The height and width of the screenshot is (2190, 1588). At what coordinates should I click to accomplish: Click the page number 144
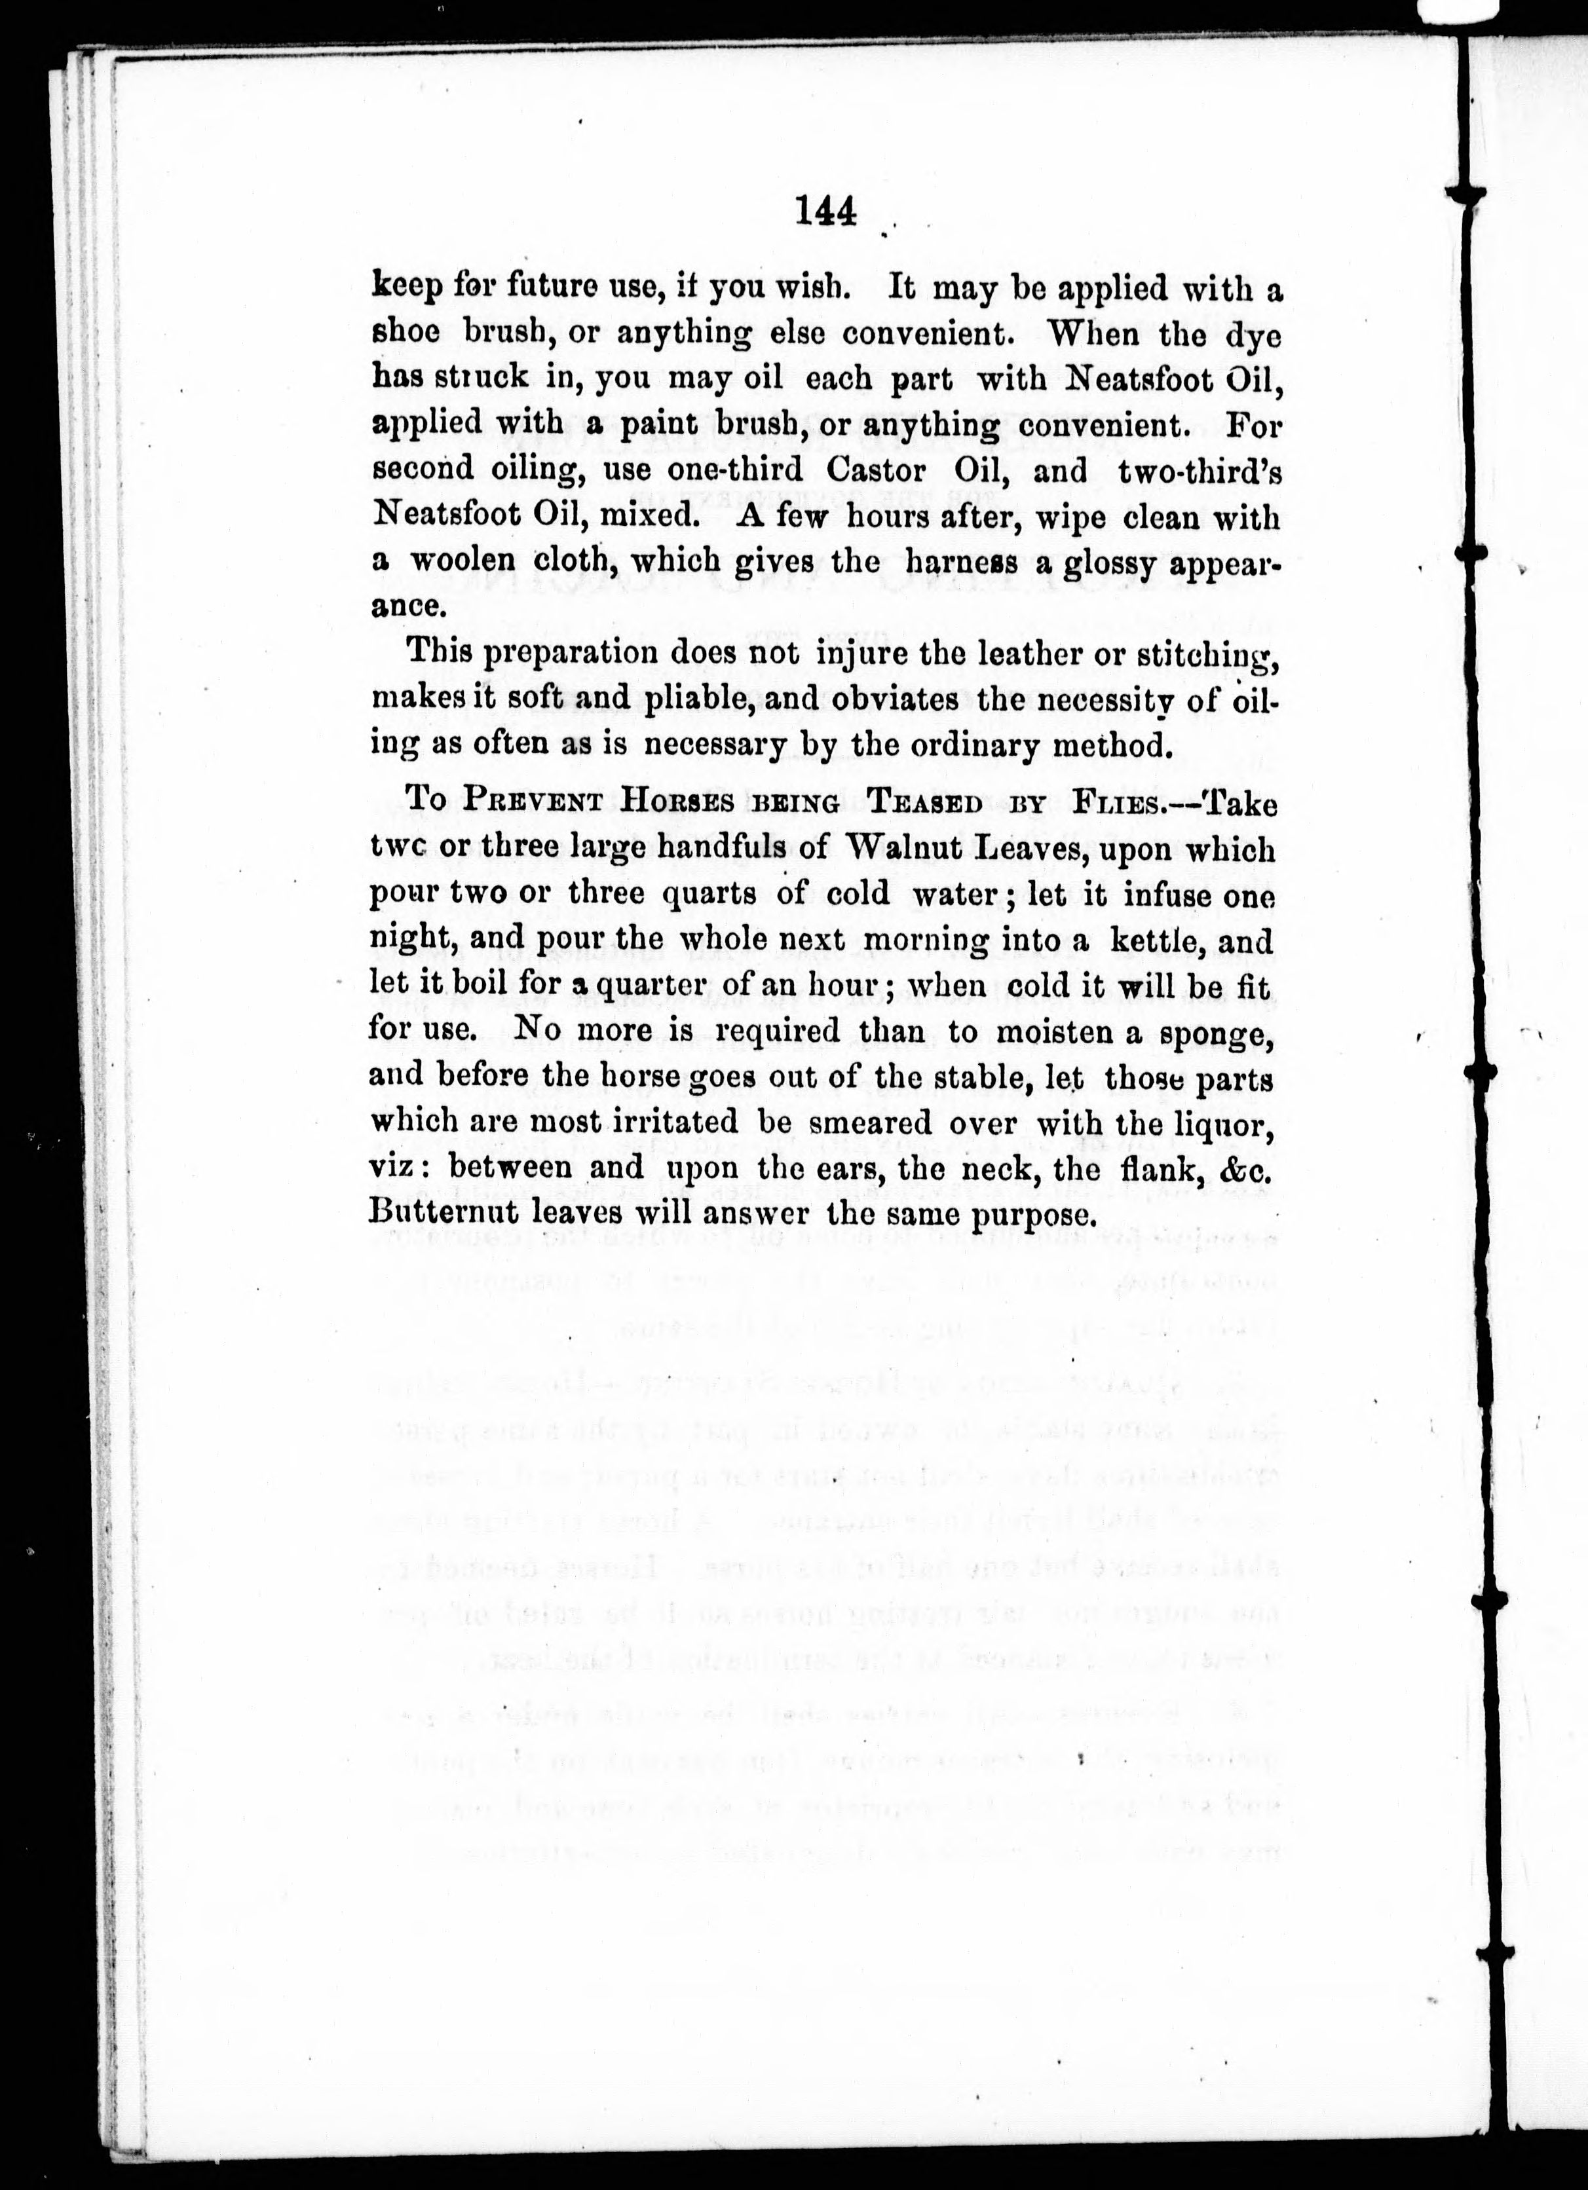[827, 212]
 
